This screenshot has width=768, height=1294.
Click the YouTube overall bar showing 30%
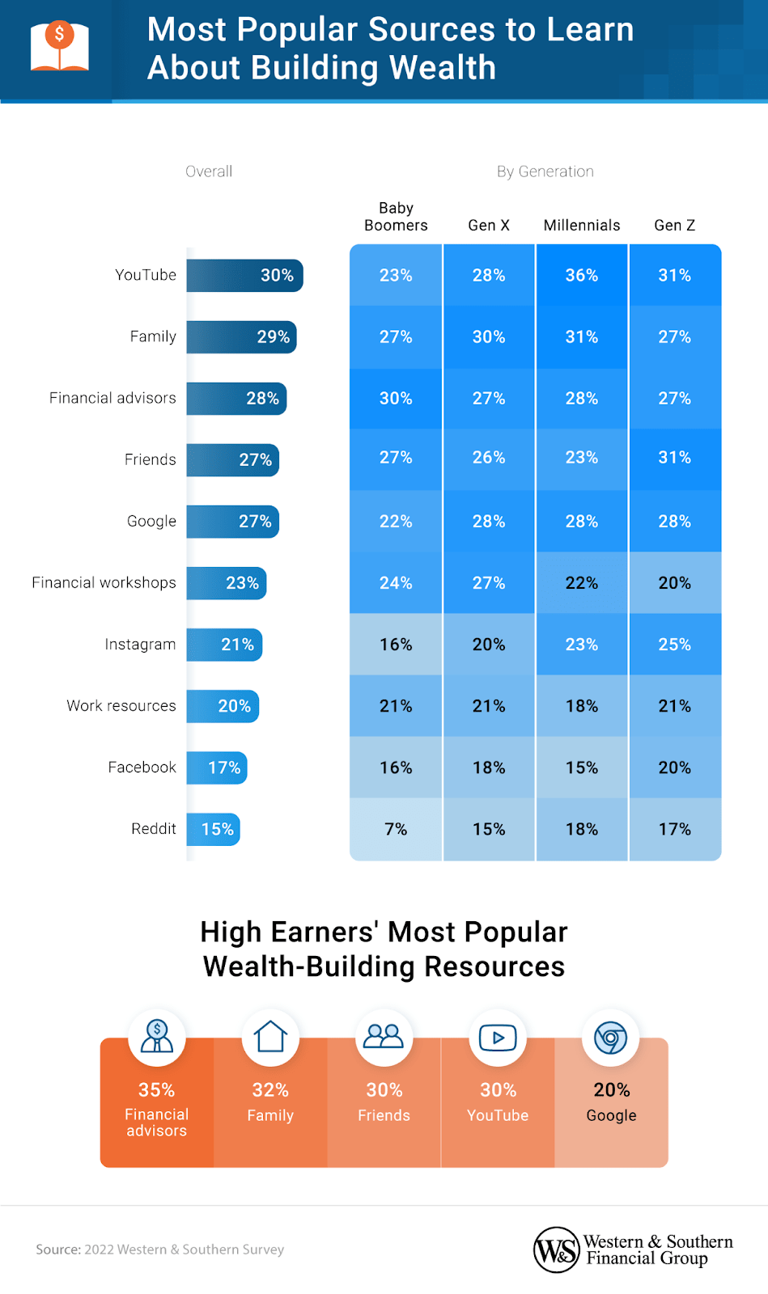coord(244,276)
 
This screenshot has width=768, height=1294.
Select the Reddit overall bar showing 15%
coord(214,829)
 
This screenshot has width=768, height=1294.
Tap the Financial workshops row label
coord(104,583)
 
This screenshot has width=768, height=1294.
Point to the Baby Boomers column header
coord(396,217)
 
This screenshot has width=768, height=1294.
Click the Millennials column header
coord(581,226)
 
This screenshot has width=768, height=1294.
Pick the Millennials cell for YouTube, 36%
coord(581,276)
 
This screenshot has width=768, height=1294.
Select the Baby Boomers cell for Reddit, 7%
coord(396,829)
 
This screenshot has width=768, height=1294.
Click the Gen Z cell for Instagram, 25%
coord(674,645)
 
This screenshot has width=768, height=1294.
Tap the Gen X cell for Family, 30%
coord(489,337)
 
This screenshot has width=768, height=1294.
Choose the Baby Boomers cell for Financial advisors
coord(396,399)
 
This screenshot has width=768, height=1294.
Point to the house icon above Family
coord(270,1037)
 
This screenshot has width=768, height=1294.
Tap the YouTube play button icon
coord(498,1037)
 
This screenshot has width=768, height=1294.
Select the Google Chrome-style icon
coord(611,1038)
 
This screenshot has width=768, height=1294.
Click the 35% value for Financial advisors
coord(156,1090)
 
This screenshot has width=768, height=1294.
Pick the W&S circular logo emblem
coord(557,1250)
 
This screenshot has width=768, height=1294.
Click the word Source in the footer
coord(57,1250)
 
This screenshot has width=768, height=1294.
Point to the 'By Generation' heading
coord(545,171)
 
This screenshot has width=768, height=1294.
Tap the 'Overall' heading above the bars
coord(209,171)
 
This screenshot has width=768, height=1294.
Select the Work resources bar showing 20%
coord(223,706)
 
